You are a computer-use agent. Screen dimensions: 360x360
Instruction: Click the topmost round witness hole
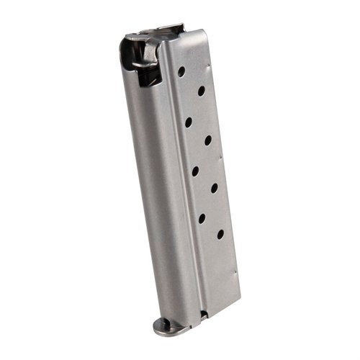pos(181,71)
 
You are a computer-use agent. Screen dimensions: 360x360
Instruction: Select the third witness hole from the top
pos(188,122)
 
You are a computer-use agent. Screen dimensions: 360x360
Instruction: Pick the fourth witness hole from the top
pos(207,140)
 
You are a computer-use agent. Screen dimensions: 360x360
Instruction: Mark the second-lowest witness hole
pos(202,217)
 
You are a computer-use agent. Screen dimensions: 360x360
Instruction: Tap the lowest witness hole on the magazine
pos(219,233)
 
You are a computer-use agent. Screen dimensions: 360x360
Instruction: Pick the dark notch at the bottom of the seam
pos(204,315)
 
